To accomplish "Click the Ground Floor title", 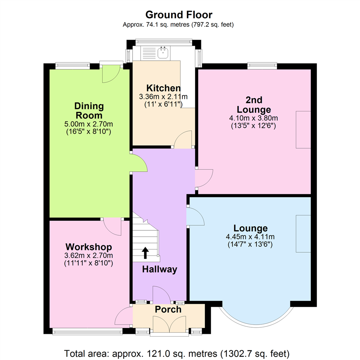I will [x=179, y=15].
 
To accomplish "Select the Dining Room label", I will [x=89, y=111].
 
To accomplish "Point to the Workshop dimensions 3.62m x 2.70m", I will [x=89, y=256].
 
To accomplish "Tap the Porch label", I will [x=168, y=309].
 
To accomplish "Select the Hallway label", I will [x=160, y=270].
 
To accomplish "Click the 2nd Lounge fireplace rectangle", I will [x=303, y=130].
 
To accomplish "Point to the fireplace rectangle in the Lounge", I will [x=303, y=234].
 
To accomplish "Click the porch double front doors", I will [x=169, y=324].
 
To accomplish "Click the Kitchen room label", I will [x=164, y=88].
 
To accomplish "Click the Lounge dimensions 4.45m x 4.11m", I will [x=250, y=237].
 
